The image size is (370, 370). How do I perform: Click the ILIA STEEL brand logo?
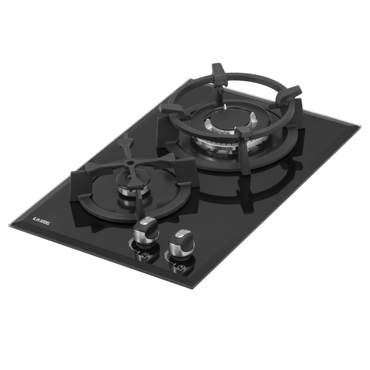(x=41, y=221)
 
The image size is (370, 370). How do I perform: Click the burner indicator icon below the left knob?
(x=145, y=256)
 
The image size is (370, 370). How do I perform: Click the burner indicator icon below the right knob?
(x=181, y=268)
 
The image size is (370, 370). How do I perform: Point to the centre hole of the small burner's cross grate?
(x=130, y=163)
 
